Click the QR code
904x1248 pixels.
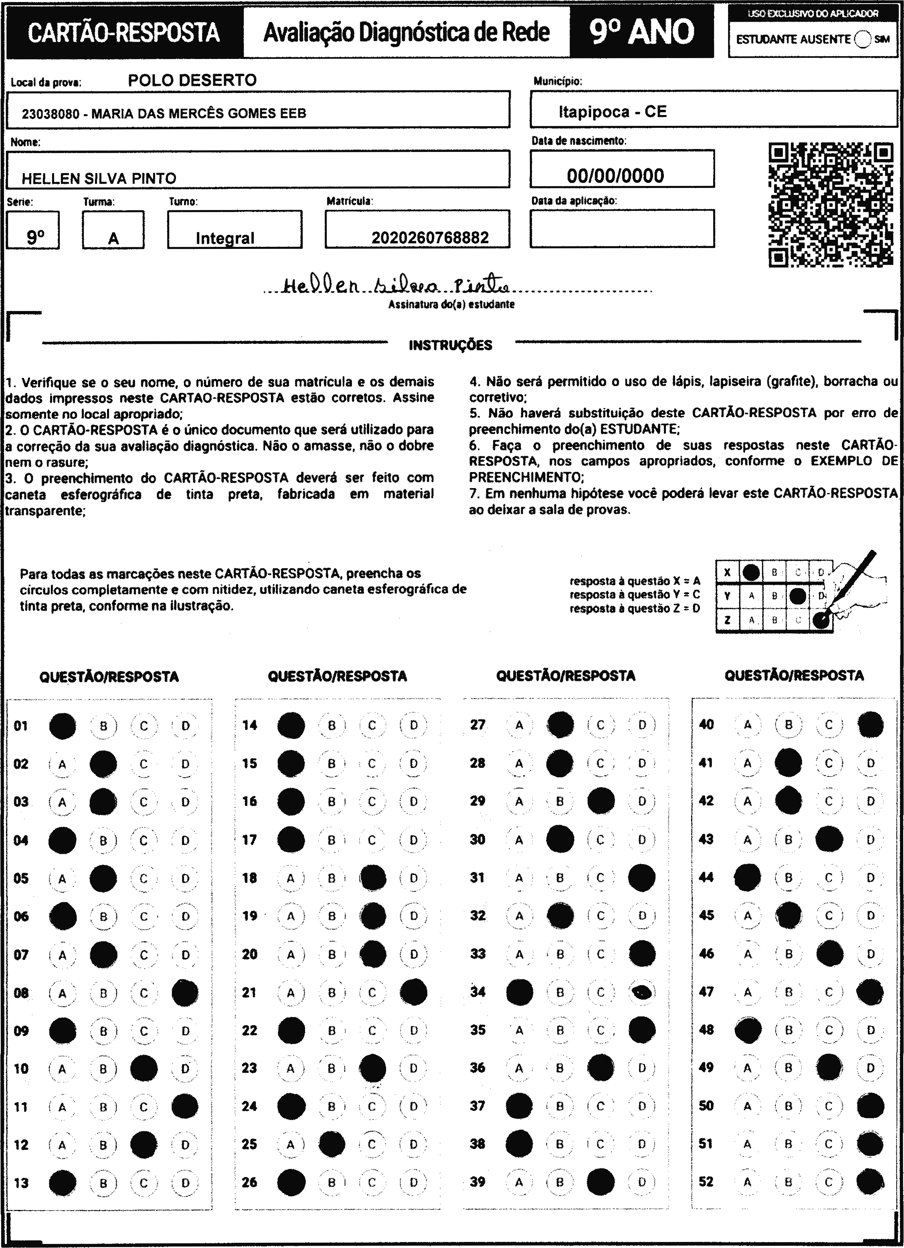pyautogui.click(x=830, y=205)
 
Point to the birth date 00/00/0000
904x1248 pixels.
pyautogui.click(x=615, y=176)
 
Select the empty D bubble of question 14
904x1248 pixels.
pyautogui.click(x=413, y=725)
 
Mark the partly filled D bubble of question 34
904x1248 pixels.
pyautogui.click(x=642, y=992)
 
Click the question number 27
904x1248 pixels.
pyautogui.click(x=477, y=725)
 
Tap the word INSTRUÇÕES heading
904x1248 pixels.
pyautogui.click(x=450, y=345)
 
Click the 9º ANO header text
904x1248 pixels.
pyautogui.click(x=641, y=32)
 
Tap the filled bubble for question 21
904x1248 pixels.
pyautogui.click(x=413, y=992)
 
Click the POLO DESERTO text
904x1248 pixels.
pyautogui.click(x=192, y=80)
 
